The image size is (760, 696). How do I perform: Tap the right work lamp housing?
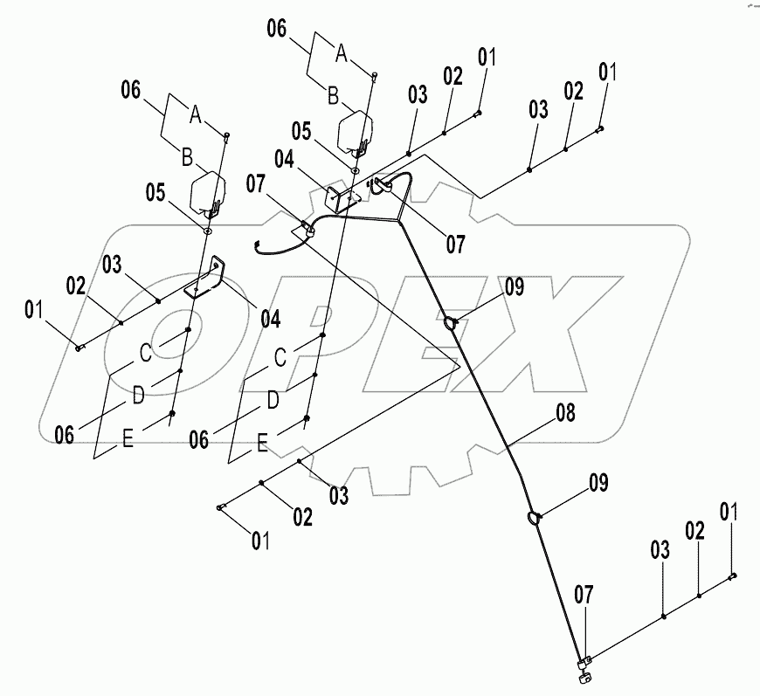356,128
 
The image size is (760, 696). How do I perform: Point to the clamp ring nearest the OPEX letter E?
451,324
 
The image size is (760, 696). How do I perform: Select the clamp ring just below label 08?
534,520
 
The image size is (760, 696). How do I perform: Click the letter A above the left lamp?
195,114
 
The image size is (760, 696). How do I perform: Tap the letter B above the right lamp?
333,97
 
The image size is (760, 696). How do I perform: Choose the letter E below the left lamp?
127,442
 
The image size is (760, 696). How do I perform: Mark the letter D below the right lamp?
273,399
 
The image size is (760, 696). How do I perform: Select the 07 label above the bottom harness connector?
583,596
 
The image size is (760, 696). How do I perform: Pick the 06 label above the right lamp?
276,29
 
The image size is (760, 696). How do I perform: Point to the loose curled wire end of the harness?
259,244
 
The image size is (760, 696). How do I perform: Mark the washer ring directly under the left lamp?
208,231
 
